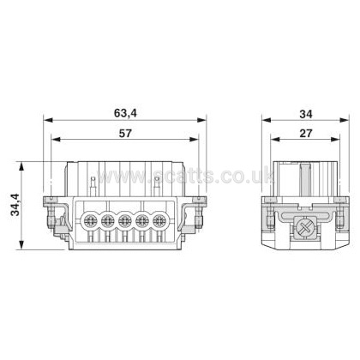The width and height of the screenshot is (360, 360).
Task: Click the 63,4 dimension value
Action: click(125, 113)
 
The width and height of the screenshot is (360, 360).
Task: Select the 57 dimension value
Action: click(125, 133)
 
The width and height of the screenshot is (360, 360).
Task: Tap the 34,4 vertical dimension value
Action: click(15, 205)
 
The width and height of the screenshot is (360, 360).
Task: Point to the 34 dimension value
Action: click(306, 114)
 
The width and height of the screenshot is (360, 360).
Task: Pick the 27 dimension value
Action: click(306, 133)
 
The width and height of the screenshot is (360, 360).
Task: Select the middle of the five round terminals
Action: click(124, 220)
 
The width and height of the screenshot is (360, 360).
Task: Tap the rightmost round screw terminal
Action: click(159, 220)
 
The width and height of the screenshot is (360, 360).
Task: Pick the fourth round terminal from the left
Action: click(141, 220)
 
